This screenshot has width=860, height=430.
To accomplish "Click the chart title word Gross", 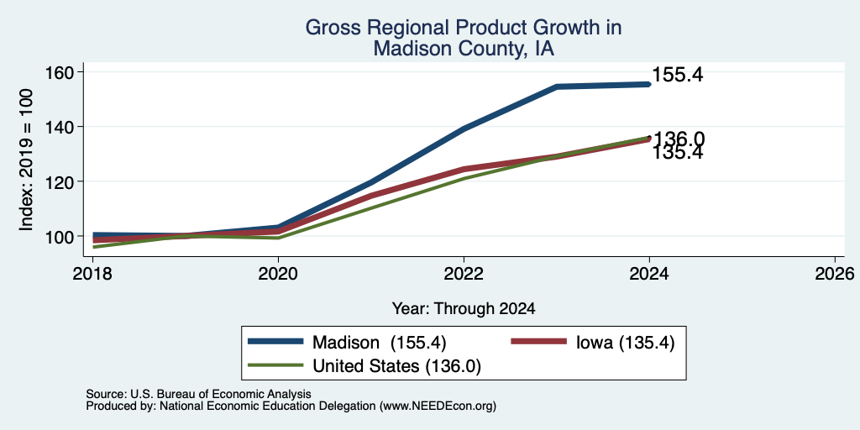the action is (330, 28).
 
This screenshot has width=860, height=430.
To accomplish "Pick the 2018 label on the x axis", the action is (92, 273).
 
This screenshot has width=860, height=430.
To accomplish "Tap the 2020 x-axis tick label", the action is (278, 273).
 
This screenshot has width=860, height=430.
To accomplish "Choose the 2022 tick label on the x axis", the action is (464, 273).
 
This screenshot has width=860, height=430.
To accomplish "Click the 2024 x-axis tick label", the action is (649, 273).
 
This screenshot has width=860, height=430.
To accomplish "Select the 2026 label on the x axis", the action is (835, 273).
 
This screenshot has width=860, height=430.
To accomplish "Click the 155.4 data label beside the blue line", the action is (678, 75).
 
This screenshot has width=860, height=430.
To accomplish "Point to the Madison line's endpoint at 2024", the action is (649, 85).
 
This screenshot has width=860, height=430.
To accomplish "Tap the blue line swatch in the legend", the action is (275, 341).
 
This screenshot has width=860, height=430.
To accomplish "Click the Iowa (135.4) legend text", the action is (625, 343).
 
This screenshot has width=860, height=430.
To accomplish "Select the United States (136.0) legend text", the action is (396, 366).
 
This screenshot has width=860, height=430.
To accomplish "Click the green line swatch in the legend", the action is (275, 364).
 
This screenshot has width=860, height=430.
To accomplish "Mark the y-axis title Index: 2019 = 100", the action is (26, 160).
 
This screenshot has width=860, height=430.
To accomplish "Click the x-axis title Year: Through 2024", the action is (464, 309).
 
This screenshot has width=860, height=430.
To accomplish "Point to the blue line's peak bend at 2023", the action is (557, 87).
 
